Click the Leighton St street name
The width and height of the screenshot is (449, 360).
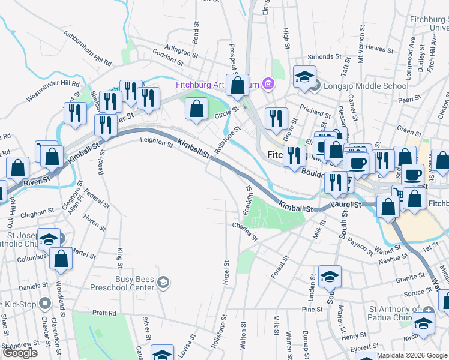[156, 140]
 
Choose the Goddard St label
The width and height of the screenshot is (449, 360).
[168, 58]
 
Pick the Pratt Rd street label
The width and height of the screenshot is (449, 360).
[104, 313]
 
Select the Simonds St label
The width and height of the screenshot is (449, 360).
[320, 56]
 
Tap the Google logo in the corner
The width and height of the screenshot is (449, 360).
[20, 353]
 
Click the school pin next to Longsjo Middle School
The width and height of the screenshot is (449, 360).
[304, 77]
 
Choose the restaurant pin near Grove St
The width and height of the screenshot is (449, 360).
[276, 118]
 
